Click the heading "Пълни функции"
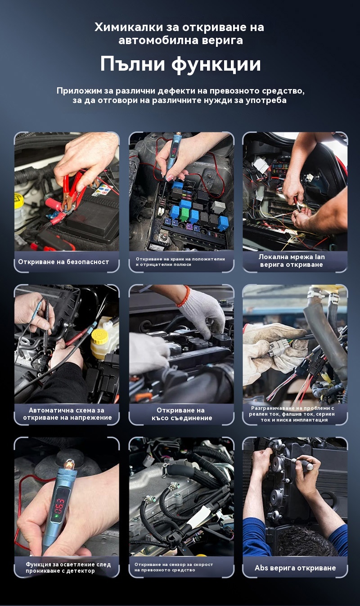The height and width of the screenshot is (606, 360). coord(180,64)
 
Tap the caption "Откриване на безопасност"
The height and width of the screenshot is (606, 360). coord(63,262)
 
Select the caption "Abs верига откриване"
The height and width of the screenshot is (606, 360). coord(295,568)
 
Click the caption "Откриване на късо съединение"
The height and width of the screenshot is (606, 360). coord(181,414)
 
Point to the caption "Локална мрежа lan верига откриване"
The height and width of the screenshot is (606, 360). coord(292,260)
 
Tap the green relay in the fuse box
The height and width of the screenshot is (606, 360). coord(185,215)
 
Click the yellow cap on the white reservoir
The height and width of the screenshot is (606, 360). coord(100,337)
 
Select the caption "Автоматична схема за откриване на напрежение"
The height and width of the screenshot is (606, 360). coord(67,414)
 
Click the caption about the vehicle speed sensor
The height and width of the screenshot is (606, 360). coord(174,567)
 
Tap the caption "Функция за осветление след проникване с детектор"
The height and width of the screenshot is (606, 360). coord(68,568)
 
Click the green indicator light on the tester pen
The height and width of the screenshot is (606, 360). coord(57,516)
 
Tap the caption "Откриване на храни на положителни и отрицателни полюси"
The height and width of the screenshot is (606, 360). coord(180,261)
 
